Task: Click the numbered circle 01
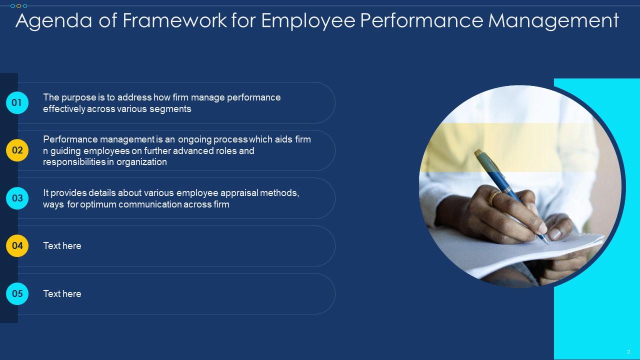click(x=17, y=102)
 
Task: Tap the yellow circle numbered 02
click(x=17, y=150)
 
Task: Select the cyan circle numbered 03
click(x=17, y=198)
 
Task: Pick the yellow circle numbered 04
click(x=17, y=245)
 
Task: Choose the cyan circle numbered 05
click(x=17, y=293)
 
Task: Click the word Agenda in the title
click(x=53, y=21)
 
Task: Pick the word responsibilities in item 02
click(x=73, y=162)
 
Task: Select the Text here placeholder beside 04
click(x=62, y=245)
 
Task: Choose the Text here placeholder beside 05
click(x=62, y=293)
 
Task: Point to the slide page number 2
click(x=628, y=351)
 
